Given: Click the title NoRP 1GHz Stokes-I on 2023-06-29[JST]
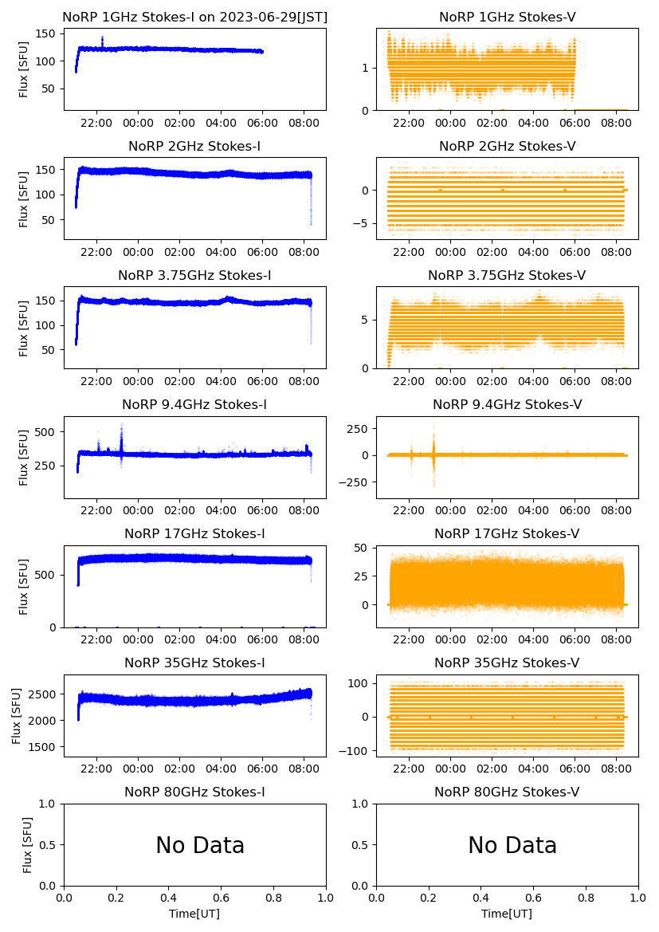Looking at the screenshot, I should [x=194, y=17].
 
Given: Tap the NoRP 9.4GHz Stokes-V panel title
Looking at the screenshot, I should [x=508, y=404].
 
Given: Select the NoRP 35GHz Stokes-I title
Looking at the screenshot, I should [x=194, y=663].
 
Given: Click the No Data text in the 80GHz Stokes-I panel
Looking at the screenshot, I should [x=200, y=845].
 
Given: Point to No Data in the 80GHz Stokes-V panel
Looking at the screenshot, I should [x=512, y=845].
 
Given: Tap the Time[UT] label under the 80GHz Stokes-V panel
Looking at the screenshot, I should [x=508, y=914].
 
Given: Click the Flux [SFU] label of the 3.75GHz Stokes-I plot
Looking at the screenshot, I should [x=24, y=328].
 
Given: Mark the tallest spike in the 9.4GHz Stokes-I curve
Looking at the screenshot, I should [x=121, y=426].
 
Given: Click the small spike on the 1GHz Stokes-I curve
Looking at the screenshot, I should [x=102, y=37].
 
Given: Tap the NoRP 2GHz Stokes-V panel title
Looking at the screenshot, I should [x=508, y=146].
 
